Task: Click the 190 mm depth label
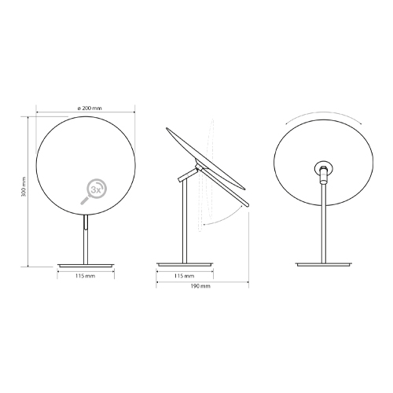(200, 288)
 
